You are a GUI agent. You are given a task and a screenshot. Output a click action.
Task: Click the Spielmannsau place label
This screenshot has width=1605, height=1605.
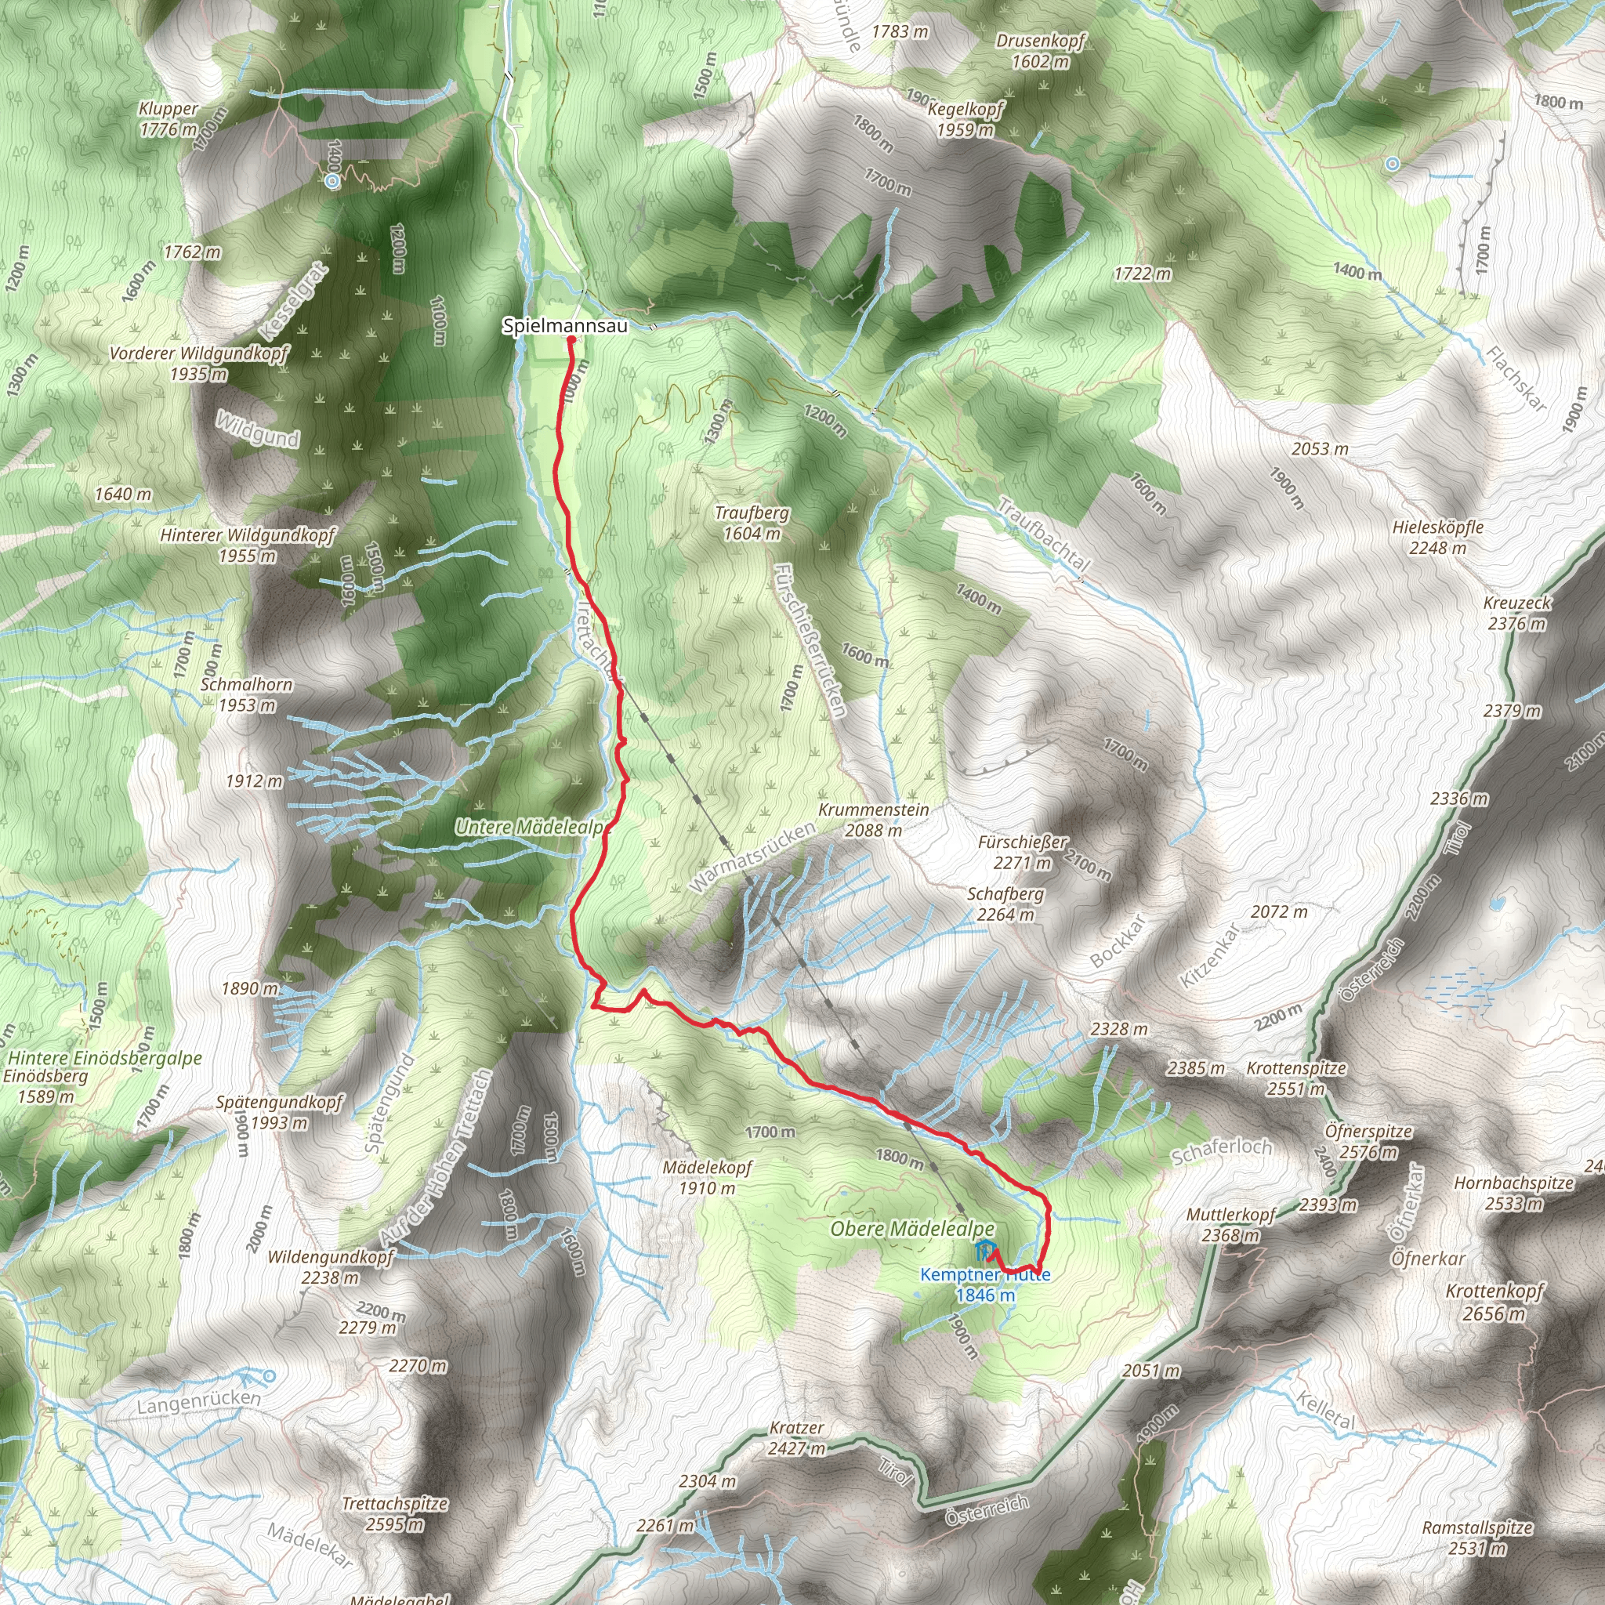pyautogui.click(x=565, y=327)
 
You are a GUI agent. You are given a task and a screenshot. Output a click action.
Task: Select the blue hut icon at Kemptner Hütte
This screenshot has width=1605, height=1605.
pyautogui.click(x=984, y=1248)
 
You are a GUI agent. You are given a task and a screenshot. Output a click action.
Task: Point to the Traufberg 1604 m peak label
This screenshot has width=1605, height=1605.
pyautogui.click(x=752, y=524)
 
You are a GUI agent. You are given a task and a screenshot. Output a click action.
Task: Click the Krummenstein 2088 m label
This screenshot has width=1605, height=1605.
pyautogui.click(x=873, y=819)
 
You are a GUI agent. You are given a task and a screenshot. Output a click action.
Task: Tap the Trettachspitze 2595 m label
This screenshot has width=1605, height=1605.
pyautogui.click(x=395, y=1513)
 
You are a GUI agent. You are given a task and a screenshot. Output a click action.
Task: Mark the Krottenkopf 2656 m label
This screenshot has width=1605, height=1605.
pyautogui.click(x=1494, y=1302)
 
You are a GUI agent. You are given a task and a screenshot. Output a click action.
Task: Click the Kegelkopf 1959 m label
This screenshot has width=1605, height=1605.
pyautogui.click(x=966, y=120)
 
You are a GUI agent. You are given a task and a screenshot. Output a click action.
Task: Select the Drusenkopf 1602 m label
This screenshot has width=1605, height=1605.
pyautogui.click(x=1040, y=51)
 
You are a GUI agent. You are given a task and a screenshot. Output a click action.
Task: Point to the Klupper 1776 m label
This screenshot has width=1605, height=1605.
pyautogui.click(x=168, y=119)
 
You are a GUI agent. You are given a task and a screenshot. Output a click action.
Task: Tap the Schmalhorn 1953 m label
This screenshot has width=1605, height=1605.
pyautogui.click(x=247, y=694)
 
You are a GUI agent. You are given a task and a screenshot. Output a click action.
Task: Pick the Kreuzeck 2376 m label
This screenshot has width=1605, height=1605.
pyautogui.click(x=1517, y=613)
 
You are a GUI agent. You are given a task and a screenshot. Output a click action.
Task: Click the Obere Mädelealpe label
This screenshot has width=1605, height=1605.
pyautogui.click(x=912, y=1229)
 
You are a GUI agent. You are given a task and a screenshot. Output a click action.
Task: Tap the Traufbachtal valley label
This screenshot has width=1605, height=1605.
pyautogui.click(x=1042, y=535)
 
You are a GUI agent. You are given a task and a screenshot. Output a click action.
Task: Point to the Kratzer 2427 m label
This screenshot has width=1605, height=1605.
pyautogui.click(x=797, y=1438)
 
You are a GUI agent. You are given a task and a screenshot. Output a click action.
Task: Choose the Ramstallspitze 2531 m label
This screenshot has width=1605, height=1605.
pyautogui.click(x=1477, y=1538)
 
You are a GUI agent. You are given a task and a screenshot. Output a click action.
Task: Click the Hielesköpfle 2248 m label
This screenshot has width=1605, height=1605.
pyautogui.click(x=1437, y=538)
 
